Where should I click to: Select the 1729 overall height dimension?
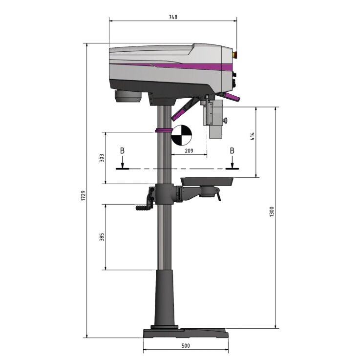coord(83,196)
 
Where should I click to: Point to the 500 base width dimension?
coord(185,346)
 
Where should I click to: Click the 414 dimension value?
coord(253,137)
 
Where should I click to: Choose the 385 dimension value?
coord(102,237)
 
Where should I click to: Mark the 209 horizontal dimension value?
coord(189,151)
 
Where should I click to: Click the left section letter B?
coord(123,151)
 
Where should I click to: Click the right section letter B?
coord(233,151)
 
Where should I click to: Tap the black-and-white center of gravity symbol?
coord(182,135)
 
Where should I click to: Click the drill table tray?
coord(207,181)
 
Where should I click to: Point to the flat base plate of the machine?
coord(186,334)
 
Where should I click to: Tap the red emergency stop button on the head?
coord(234,54)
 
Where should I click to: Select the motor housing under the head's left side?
coord(127,96)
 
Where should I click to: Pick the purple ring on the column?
coord(163,130)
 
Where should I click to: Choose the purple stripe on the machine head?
coord(195,66)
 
